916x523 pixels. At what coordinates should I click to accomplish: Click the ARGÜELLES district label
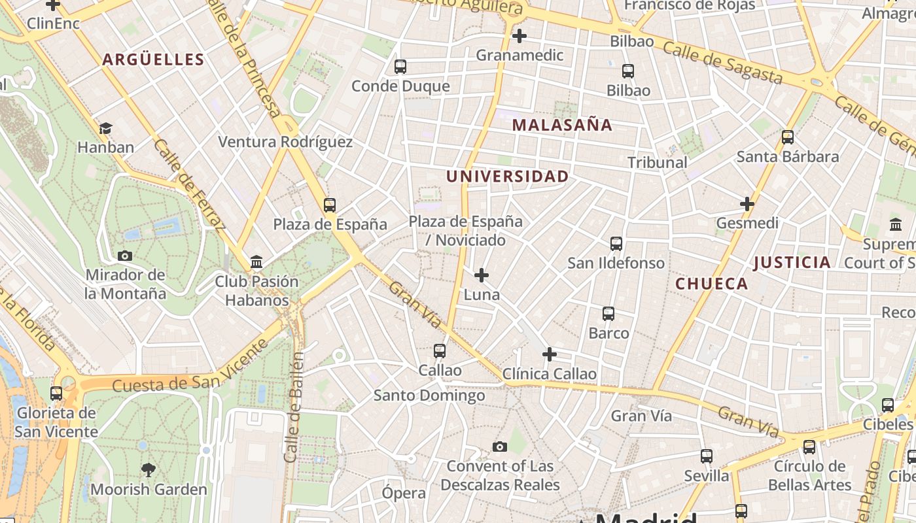click(153, 59)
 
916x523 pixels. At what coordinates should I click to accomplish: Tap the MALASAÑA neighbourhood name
click(562, 125)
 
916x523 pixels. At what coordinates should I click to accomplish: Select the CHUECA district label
click(711, 284)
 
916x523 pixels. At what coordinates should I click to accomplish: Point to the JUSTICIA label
click(792, 263)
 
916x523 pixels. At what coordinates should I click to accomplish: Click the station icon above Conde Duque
click(400, 67)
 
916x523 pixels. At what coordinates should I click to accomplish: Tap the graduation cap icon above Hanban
click(105, 128)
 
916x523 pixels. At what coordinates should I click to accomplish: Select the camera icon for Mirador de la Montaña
click(125, 256)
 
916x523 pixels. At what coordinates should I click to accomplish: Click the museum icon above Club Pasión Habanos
click(256, 262)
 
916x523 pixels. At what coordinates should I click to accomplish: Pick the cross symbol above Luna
click(482, 275)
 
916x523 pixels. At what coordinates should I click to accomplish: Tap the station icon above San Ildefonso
click(616, 244)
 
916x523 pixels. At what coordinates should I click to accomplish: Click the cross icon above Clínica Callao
click(550, 354)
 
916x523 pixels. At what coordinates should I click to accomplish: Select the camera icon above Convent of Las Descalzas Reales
click(500, 447)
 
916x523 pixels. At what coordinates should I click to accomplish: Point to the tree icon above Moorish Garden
click(149, 469)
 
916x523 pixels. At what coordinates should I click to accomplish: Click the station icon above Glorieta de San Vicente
click(56, 394)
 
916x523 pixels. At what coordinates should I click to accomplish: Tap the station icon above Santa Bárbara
click(788, 137)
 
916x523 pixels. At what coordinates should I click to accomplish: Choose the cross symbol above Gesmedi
click(747, 204)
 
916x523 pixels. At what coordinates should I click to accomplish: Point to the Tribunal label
click(657, 162)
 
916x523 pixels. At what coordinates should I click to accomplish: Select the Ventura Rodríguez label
click(285, 142)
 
